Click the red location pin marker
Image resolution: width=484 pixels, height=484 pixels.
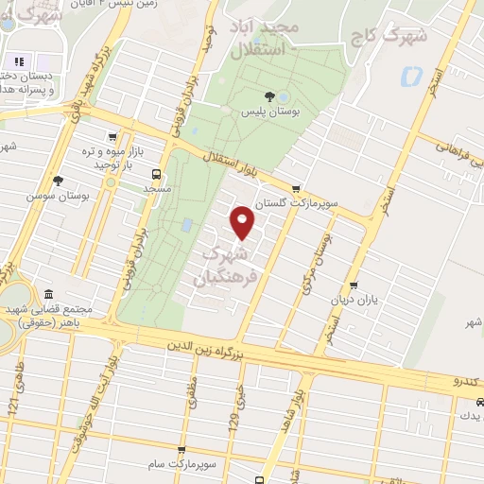[x=243, y=223]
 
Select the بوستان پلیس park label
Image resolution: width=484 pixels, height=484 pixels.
[x=267, y=112]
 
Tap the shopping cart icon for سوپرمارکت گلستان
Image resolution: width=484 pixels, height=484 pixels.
[x=298, y=189]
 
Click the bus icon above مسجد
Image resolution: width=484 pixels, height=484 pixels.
[x=156, y=174]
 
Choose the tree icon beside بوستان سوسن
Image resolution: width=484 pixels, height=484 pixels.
[x=59, y=181]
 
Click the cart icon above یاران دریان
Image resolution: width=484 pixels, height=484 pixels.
[x=354, y=285]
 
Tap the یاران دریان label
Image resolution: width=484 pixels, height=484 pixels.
[x=353, y=300]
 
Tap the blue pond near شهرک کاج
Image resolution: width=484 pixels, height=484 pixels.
[x=412, y=77]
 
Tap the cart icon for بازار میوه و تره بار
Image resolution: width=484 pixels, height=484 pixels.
[x=113, y=136]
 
